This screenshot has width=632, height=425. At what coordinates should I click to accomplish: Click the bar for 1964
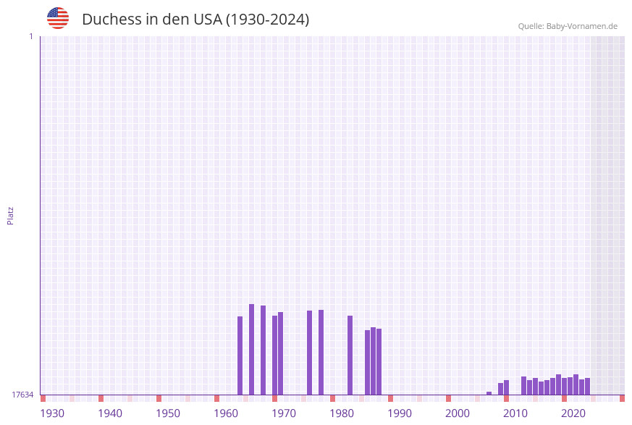coord(240,355)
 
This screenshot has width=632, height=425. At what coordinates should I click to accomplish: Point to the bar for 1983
coord(350,355)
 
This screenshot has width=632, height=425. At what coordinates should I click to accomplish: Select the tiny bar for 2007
coord(489,393)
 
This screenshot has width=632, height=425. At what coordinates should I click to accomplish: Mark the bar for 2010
coord(507,387)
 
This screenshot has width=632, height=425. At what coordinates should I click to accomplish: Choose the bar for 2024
coord(588,386)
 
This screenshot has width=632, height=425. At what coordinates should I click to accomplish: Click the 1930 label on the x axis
coord(52,413)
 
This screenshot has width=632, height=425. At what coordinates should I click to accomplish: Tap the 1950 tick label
coord(168,413)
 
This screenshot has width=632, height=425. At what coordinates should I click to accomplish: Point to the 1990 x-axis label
coord(400,413)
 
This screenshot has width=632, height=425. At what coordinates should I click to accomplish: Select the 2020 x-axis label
coord(573,413)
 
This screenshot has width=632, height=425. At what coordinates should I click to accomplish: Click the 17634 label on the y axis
coord(22,395)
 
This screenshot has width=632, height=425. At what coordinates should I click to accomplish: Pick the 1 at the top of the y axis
coord(30,36)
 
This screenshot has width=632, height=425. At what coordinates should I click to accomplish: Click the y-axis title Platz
coord(11,215)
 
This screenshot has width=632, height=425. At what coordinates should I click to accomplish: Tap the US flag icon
coord(58,18)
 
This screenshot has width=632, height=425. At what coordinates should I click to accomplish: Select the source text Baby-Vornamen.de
coord(582,26)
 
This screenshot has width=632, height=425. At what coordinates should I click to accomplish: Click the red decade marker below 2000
coord(449,398)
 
